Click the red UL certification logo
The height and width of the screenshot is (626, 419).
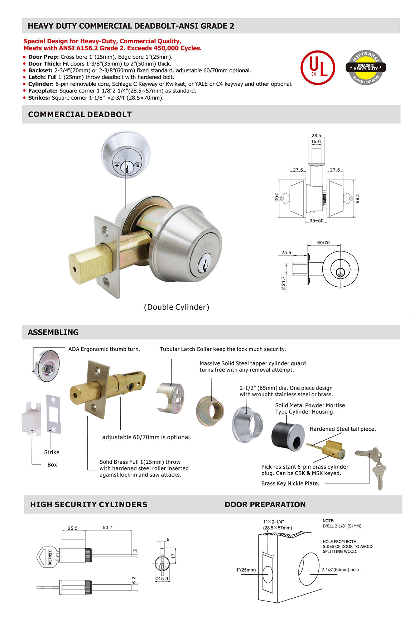tap(318, 68)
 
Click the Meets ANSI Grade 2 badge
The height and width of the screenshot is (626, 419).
tap(366, 67)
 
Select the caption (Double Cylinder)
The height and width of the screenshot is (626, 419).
tap(177, 307)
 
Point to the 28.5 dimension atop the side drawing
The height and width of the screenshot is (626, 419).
tap(316, 135)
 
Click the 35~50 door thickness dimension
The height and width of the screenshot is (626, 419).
tap(316, 221)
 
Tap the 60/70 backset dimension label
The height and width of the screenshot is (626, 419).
tap(323, 243)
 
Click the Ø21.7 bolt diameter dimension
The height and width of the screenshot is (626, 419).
tap(284, 283)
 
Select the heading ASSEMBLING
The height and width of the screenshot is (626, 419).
tap(53, 332)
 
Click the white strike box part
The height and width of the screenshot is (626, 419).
tap(32, 417)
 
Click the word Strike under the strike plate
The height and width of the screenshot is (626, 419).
tap(52, 452)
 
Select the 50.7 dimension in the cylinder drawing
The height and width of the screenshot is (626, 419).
tap(107, 527)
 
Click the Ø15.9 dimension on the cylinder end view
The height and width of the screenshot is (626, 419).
tap(162, 578)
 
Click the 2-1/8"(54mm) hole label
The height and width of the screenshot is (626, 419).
tap(340, 569)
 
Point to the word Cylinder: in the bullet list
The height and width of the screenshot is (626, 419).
tap(41, 84)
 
